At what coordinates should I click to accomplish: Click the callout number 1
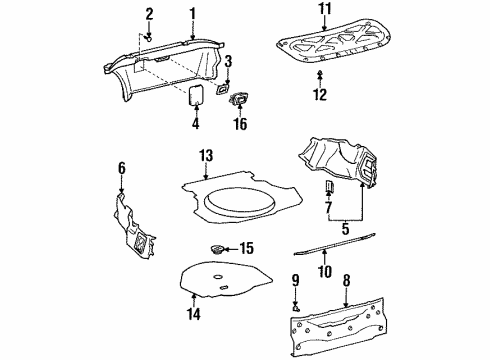[192, 14]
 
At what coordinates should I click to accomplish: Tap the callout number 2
[149, 14]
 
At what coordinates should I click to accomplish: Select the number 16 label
[240, 124]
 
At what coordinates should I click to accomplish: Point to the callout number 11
[324, 8]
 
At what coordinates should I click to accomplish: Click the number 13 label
[206, 156]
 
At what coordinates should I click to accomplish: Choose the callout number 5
[345, 229]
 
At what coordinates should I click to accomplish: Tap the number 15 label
[247, 248]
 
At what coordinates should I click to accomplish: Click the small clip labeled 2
[149, 39]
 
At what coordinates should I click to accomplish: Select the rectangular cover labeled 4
[196, 95]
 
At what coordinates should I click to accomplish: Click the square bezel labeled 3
[222, 89]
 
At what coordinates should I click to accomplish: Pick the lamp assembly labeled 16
[239, 99]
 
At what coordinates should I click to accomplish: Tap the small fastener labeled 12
[320, 73]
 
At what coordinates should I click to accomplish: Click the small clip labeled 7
[329, 187]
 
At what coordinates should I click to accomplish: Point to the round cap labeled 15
[217, 249]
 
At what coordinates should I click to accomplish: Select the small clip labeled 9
[295, 309]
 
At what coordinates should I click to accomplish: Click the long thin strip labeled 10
[334, 245]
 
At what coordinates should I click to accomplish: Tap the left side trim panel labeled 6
[133, 227]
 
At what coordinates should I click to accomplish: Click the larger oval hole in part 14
[218, 276]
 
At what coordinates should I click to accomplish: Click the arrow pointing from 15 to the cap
[231, 249]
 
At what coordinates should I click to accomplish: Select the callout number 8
[346, 281]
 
